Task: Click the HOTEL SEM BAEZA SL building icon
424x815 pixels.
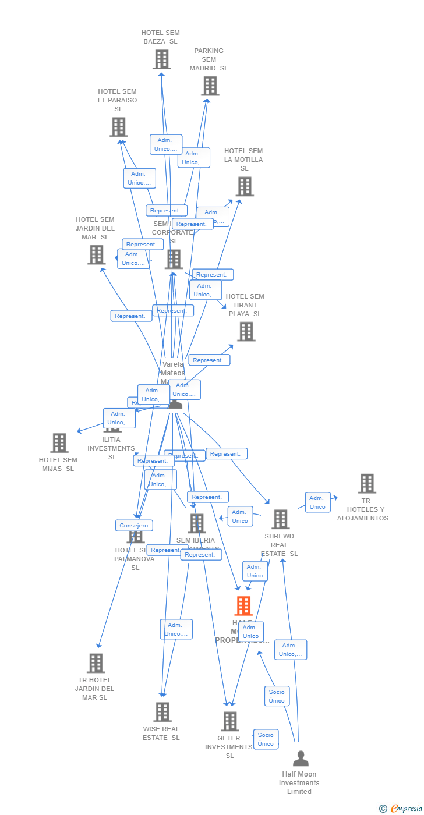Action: click(x=162, y=59)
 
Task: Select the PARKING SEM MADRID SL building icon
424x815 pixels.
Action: click(x=210, y=86)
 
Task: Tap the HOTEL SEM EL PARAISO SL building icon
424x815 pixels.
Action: click(x=118, y=127)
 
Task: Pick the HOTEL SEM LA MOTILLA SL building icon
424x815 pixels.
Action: click(x=245, y=187)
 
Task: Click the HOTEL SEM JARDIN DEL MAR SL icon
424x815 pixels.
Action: click(x=96, y=254)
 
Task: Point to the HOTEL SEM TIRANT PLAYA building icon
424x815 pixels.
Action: click(x=246, y=332)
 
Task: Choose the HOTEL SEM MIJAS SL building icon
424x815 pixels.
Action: click(x=59, y=443)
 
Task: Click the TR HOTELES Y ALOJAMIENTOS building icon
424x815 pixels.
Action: click(x=366, y=483)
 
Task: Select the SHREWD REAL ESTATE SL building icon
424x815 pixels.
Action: click(x=280, y=519)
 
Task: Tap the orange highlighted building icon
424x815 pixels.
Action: click(x=243, y=606)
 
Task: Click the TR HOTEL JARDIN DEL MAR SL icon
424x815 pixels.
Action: click(x=96, y=663)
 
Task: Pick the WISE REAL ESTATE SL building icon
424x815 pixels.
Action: click(x=162, y=712)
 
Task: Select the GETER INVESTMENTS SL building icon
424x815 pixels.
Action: click(x=230, y=721)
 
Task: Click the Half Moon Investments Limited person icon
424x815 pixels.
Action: click(x=301, y=759)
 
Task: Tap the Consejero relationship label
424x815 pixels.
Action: click(x=134, y=526)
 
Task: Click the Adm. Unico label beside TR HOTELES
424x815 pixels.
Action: click(x=317, y=502)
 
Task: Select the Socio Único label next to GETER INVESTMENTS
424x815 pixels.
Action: click(x=266, y=739)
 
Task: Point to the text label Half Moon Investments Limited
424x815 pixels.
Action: click(x=299, y=783)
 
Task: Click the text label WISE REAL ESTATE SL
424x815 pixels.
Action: click(x=161, y=733)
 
